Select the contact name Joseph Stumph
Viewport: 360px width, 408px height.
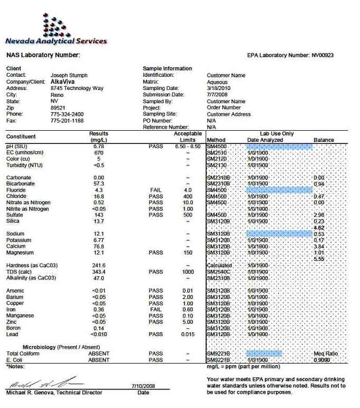point(69,75)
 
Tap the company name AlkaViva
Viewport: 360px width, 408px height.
point(63,82)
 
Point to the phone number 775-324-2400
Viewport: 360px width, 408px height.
point(67,114)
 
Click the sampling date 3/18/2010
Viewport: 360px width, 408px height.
point(218,88)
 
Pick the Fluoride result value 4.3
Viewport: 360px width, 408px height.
point(98,190)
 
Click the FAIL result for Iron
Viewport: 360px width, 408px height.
point(156,310)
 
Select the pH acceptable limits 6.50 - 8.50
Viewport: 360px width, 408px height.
point(188,146)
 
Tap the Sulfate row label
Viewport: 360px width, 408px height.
point(15,215)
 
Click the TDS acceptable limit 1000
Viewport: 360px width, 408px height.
point(188,271)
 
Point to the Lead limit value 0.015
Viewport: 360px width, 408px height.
point(188,334)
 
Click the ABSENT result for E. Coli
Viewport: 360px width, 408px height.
point(99,360)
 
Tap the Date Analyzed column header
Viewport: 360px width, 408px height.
point(265,140)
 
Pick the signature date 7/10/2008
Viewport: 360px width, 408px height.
point(143,386)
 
